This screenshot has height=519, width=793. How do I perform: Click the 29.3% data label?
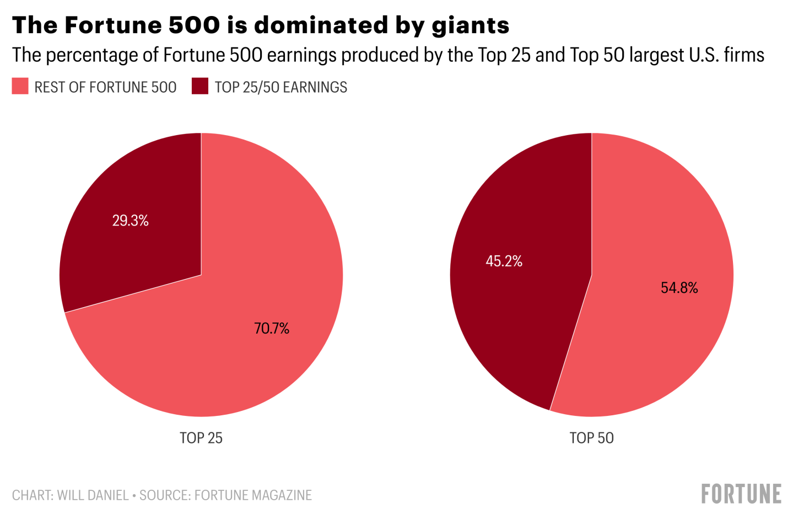131,221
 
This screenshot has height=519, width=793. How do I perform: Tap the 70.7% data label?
272,329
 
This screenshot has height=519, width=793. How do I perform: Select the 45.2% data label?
504,261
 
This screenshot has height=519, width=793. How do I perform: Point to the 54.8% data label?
679,288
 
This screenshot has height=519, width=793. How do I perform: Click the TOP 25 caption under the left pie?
201,438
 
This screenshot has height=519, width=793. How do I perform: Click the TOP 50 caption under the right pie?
591,438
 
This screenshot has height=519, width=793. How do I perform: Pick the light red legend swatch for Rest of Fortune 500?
20,87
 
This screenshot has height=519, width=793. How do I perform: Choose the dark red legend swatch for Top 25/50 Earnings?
200,87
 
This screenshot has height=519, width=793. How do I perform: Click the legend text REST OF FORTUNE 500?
105,87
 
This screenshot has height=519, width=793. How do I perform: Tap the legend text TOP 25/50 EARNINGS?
281,87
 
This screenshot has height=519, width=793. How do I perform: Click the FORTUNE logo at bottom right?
741,494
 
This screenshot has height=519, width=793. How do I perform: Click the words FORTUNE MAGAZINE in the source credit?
253,495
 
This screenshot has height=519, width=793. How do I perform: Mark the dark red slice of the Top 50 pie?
518,309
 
